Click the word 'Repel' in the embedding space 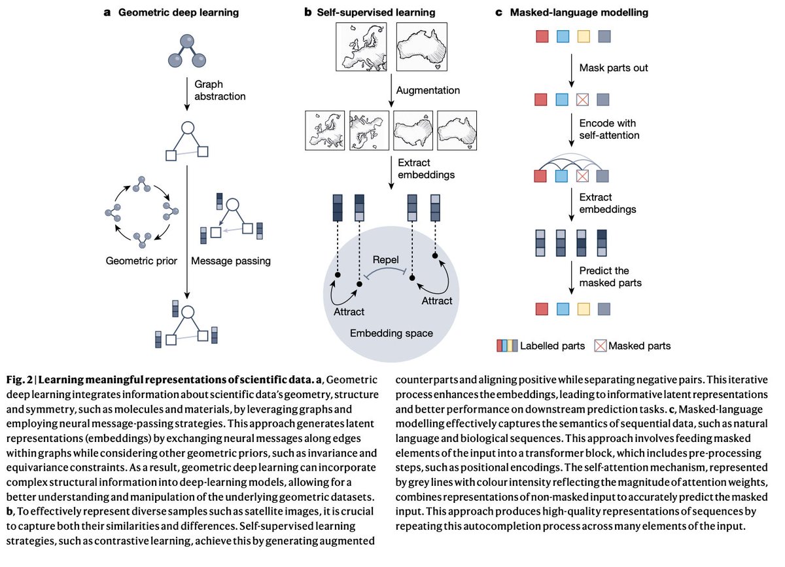pyautogui.click(x=386, y=259)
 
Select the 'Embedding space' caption pyautogui.click(x=391, y=333)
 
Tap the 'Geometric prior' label pyautogui.click(x=142, y=261)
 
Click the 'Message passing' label pyautogui.click(x=231, y=261)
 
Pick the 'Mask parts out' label pyautogui.click(x=610, y=68)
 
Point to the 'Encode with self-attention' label pyautogui.click(x=607, y=130)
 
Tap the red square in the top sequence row pyautogui.click(x=542, y=37)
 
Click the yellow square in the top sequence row pyautogui.click(x=584, y=37)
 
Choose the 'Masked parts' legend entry pyautogui.click(x=632, y=345)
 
